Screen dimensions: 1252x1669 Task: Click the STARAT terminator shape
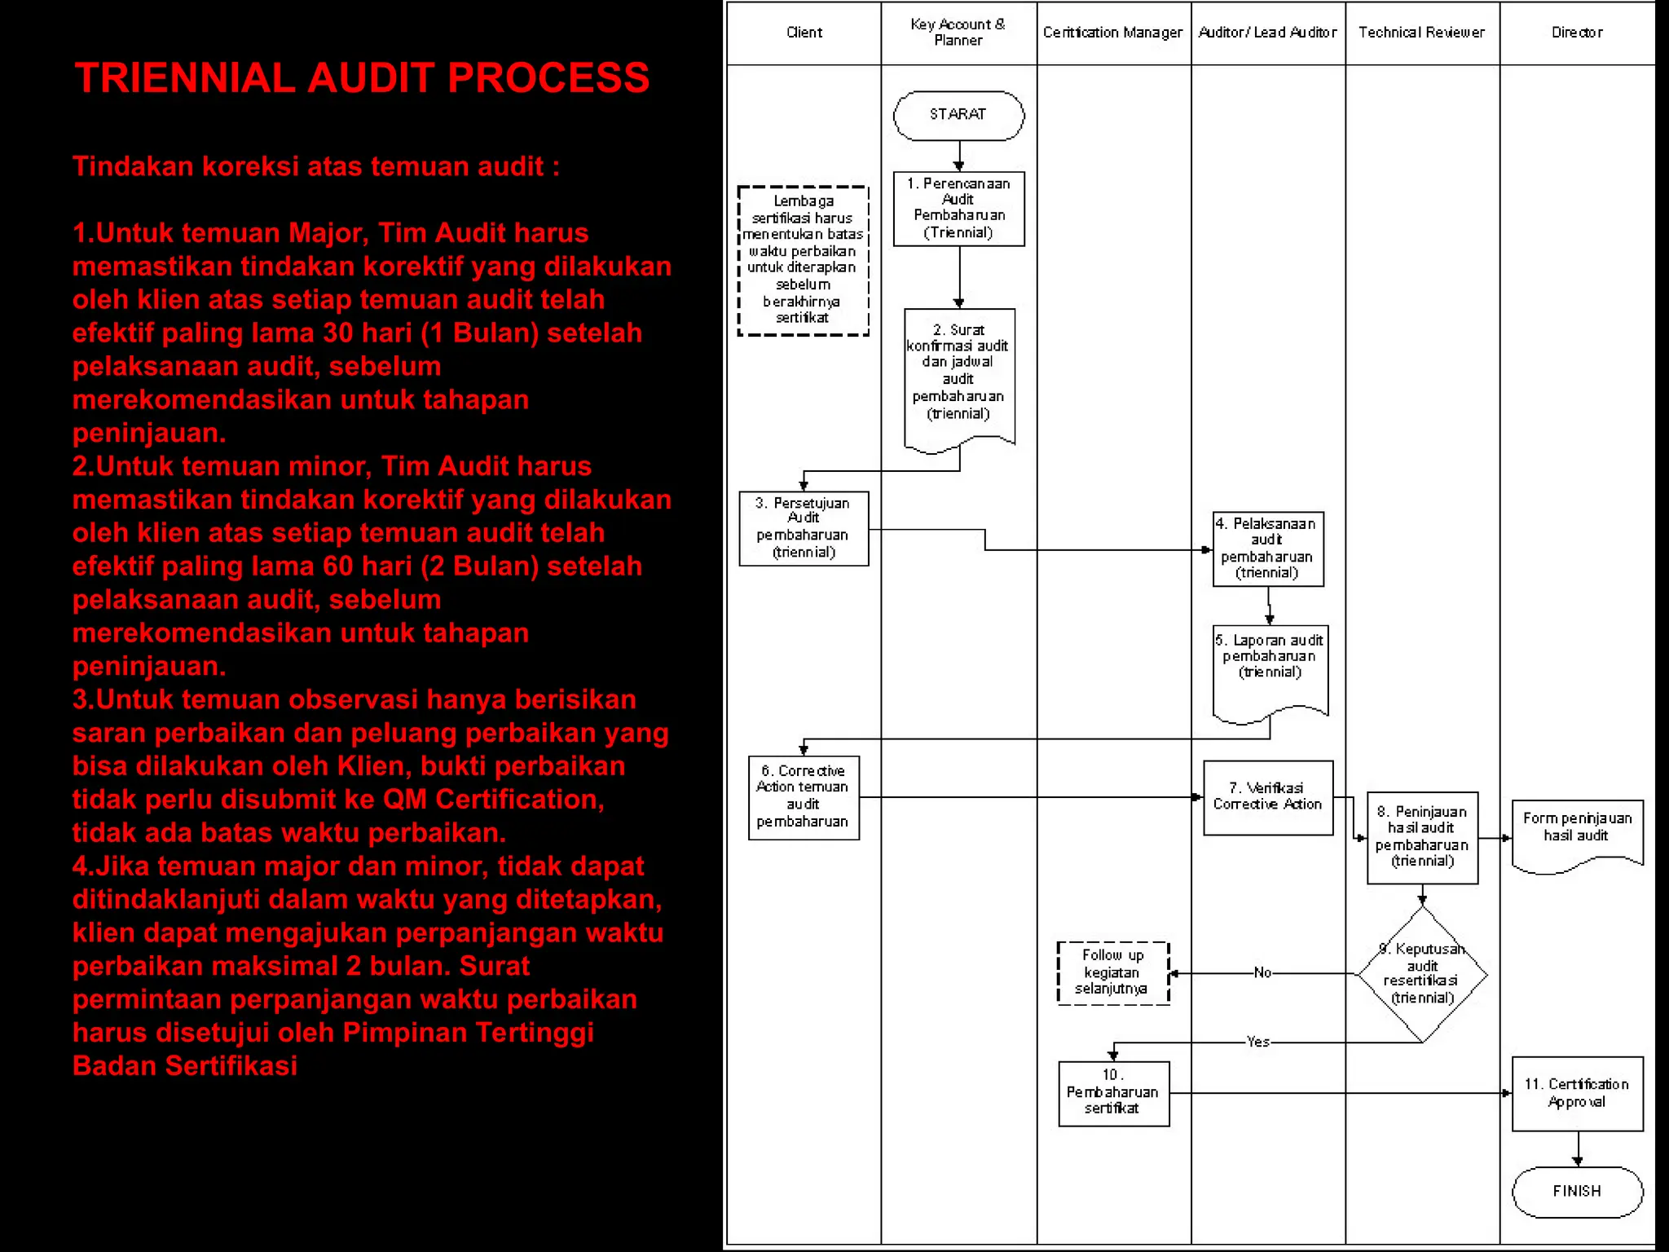point(958,115)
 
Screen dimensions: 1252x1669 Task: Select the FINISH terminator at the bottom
point(1577,1192)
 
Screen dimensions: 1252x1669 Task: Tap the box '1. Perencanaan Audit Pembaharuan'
point(958,209)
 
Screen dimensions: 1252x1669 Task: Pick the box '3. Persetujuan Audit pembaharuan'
point(804,528)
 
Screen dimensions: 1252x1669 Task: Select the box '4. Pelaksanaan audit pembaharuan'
point(1268,549)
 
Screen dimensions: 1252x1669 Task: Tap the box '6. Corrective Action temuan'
point(804,797)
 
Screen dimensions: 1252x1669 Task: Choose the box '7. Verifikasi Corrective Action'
point(1268,797)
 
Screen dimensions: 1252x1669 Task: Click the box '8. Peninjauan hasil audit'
point(1422,837)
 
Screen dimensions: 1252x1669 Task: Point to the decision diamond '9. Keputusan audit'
point(1422,974)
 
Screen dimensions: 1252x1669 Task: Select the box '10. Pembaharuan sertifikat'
point(1113,1093)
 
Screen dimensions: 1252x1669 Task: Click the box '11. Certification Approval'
point(1577,1093)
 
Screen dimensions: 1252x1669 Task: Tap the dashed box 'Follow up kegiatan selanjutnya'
point(1113,972)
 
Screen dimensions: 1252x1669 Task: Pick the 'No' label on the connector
point(1262,972)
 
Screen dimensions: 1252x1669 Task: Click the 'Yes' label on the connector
point(1257,1042)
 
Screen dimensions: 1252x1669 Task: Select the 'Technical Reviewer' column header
point(1422,33)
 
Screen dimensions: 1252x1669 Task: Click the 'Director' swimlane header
point(1577,33)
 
